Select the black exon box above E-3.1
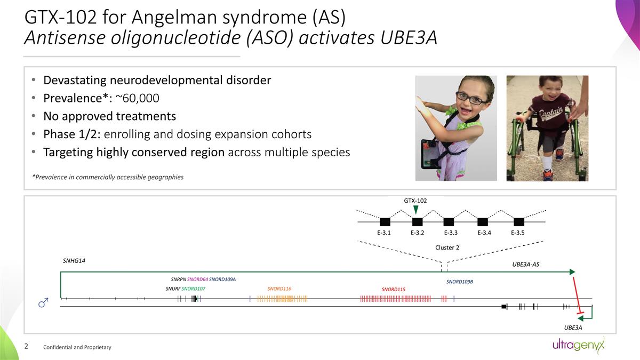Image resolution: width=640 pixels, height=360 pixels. (x=385, y=222)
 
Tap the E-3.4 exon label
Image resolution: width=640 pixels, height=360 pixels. (x=484, y=233)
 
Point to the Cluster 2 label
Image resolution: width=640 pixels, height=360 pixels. (x=447, y=247)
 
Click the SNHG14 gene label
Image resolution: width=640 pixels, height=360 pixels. (x=74, y=261)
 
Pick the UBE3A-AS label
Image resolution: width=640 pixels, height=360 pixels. (x=525, y=265)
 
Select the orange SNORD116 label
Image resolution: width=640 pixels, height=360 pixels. (x=279, y=289)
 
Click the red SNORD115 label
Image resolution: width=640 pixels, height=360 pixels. (x=393, y=290)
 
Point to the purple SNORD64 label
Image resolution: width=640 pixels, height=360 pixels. (x=197, y=279)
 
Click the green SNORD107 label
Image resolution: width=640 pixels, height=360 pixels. (x=193, y=289)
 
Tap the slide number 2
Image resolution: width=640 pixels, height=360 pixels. (x=27, y=347)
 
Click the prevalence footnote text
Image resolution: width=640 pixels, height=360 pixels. (x=108, y=177)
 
